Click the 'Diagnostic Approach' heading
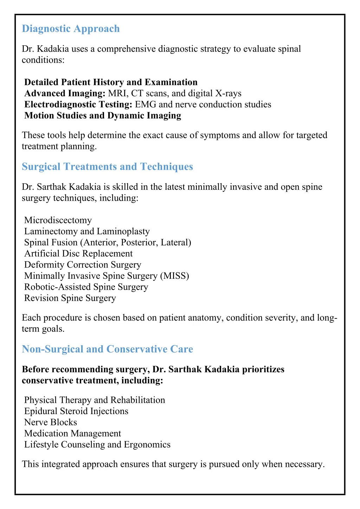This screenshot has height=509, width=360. click(x=71, y=29)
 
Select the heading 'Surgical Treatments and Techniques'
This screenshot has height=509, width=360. click(x=107, y=167)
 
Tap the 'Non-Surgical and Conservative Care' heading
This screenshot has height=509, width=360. click(x=107, y=349)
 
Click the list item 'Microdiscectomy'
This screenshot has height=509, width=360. click(x=58, y=220)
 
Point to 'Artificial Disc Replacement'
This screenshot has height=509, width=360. click(x=78, y=254)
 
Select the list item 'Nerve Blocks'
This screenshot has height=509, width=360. click(x=51, y=423)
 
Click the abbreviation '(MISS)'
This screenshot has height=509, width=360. click(x=174, y=276)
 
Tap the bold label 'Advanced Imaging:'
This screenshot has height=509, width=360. click(x=65, y=94)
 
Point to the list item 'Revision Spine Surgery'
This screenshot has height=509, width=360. click(x=70, y=298)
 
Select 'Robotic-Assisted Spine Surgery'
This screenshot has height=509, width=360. click(x=86, y=287)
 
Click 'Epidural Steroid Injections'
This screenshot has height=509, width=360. click(x=76, y=411)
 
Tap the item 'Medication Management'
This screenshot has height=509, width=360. click(x=72, y=433)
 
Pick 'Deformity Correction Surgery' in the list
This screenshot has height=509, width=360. click(x=83, y=265)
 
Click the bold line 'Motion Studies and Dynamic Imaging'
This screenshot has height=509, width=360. click(x=103, y=116)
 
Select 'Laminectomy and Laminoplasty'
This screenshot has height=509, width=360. click(x=87, y=231)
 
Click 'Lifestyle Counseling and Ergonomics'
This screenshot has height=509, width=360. click(x=97, y=445)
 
